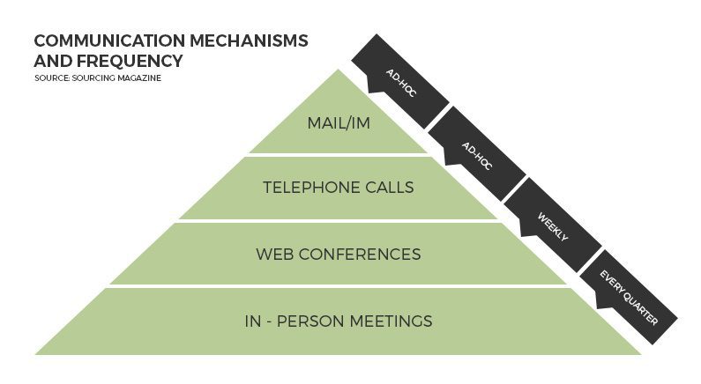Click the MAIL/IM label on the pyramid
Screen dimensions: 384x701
pyautogui.click(x=338, y=122)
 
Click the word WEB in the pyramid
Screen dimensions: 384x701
pyautogui.click(x=275, y=255)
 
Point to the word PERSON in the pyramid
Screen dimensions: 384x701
pyautogui.click(x=313, y=321)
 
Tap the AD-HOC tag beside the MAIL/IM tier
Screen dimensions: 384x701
pyautogui.click(x=401, y=83)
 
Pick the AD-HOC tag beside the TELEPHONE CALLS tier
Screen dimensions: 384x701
pyautogui.click(x=476, y=154)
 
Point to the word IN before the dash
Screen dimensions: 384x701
pyautogui.click(x=253, y=321)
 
